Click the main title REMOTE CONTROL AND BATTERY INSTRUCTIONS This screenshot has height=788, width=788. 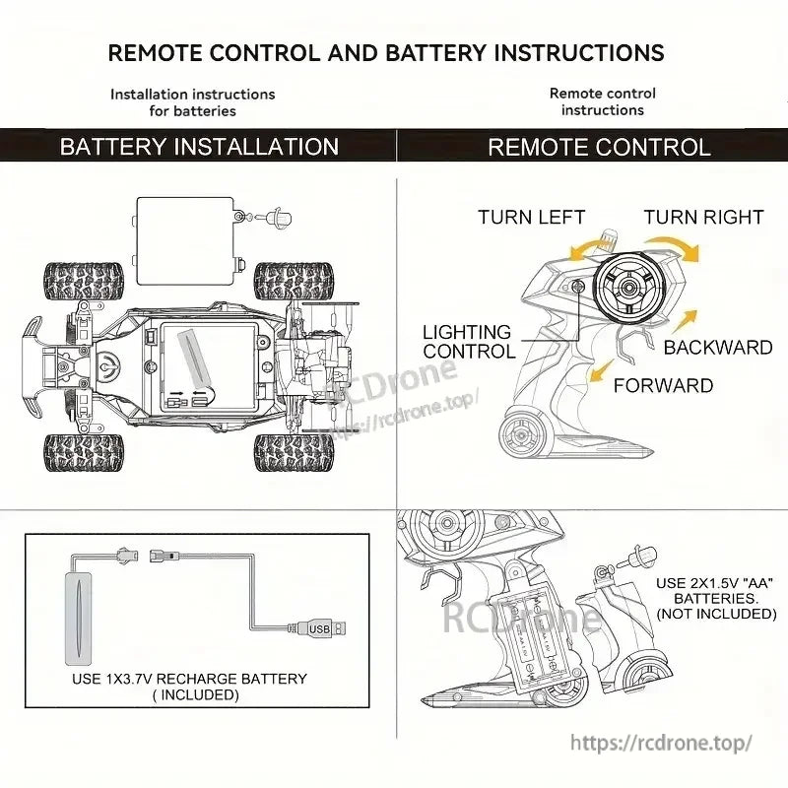point(386,52)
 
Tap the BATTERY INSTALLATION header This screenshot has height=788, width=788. point(199,147)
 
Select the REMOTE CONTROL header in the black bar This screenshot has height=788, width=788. point(599,147)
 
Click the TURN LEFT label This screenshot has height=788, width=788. point(532,217)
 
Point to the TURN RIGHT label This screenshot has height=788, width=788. point(703,217)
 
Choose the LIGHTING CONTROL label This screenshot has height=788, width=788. point(468,342)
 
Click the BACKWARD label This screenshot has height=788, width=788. point(717,347)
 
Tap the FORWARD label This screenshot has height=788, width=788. point(663,385)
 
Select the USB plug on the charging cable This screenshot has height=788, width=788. point(326,628)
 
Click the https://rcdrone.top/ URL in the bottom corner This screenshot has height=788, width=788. point(661,743)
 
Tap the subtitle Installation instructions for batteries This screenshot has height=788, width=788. point(193,102)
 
